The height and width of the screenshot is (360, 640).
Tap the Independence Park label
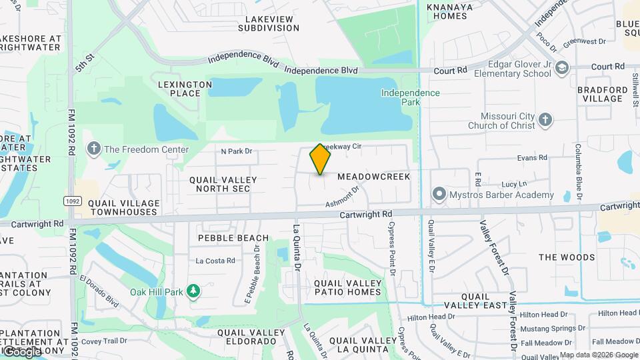pyautogui.click(x=410, y=97)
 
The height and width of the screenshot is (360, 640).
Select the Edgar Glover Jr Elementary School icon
pyautogui.click(x=562, y=67)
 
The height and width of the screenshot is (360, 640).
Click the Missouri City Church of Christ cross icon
pyautogui.click(x=545, y=120)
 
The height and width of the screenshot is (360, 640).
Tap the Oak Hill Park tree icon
pyautogui.click(x=193, y=291)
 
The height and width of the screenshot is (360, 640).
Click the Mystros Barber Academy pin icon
pyautogui.click(x=439, y=195)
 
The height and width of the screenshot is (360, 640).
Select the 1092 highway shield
pyautogui.click(x=73, y=200)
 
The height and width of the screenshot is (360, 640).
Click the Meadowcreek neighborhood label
pyautogui.click(x=373, y=177)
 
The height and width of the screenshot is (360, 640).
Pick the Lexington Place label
pyautogui.click(x=185, y=89)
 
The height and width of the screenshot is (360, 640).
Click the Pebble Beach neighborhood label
pyautogui.click(x=233, y=238)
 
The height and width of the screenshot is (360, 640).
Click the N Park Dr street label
pyautogui.click(x=237, y=151)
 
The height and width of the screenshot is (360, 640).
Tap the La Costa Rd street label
pyautogui.click(x=215, y=261)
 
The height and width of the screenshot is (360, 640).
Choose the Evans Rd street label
pyautogui.click(x=533, y=158)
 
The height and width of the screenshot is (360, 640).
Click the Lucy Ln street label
pyautogui.click(x=514, y=183)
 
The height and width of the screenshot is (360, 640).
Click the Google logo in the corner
pyautogui.click(x=21, y=351)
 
